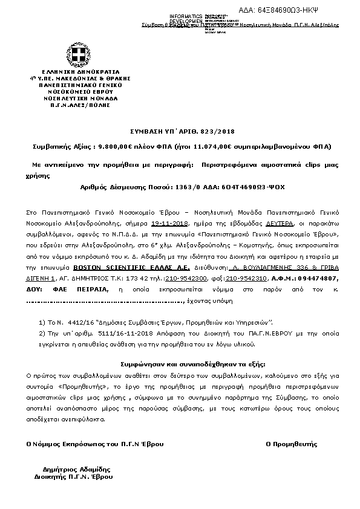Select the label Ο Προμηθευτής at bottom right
(292, 444)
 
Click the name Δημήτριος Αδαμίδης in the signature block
(73, 469)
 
